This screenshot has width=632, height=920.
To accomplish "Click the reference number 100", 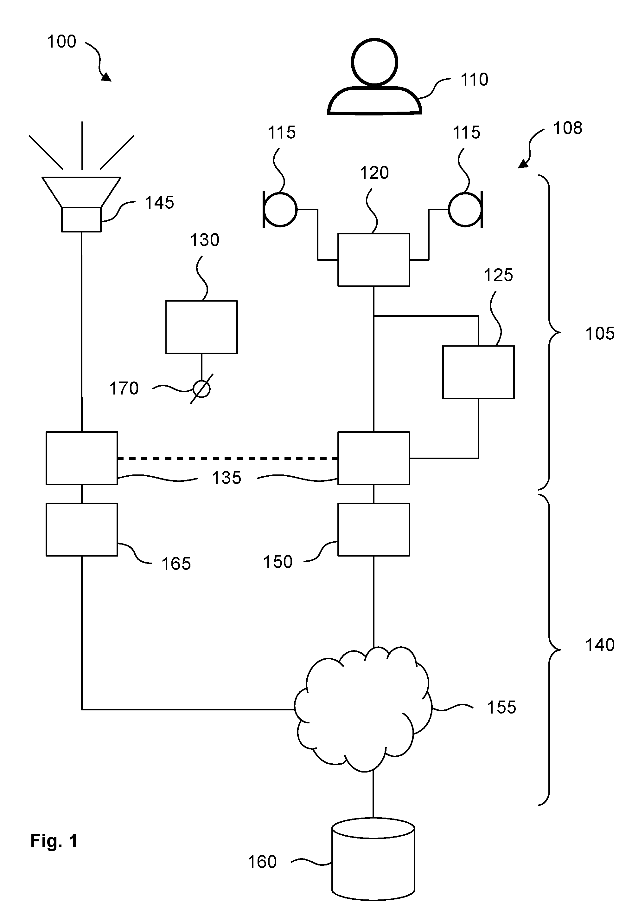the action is (61, 42).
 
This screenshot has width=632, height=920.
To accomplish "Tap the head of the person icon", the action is (374, 62).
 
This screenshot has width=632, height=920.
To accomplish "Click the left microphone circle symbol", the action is (280, 210).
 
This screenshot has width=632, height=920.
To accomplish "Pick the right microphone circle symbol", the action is (465, 210).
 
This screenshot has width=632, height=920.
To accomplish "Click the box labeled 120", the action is (373, 260).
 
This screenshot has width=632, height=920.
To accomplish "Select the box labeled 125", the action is (478, 372).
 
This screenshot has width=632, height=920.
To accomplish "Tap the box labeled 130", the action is (201, 327).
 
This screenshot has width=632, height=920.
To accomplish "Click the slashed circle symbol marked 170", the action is (201, 389).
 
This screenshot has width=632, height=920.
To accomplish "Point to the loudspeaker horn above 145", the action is (81, 192).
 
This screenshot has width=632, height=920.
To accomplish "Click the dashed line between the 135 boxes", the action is (228, 458).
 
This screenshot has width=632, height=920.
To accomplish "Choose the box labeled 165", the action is (82, 530).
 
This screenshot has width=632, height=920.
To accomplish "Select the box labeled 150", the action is (373, 530).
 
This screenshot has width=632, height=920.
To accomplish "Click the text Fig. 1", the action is (54, 841).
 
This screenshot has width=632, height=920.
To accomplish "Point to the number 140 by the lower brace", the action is (600, 645).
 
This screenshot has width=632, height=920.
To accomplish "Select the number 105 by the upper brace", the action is (600, 333).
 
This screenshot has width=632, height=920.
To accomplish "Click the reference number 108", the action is (567, 128).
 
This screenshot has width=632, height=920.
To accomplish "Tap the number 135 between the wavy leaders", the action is (227, 478).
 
